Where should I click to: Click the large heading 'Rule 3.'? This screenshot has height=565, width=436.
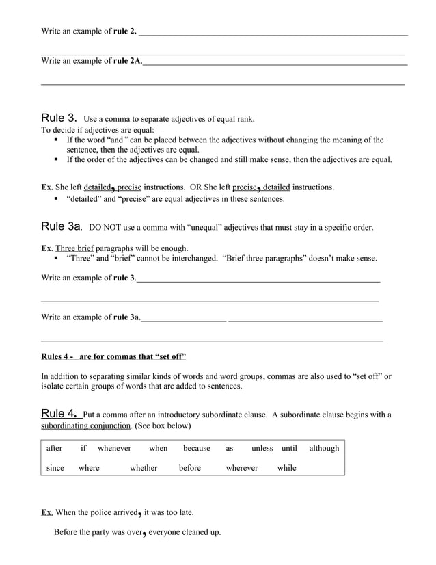click(x=59, y=118)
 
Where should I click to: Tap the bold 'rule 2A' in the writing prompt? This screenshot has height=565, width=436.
click(x=126, y=61)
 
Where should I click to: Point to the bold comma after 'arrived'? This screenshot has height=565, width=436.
click(x=139, y=513)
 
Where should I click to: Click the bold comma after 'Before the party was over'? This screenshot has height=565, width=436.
click(x=144, y=534)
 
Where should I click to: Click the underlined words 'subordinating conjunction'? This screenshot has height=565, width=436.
click(x=85, y=425)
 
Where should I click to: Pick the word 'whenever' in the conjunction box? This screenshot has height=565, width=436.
click(x=114, y=448)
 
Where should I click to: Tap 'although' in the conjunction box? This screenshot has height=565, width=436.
click(x=324, y=448)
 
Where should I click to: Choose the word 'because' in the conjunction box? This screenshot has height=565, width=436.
click(x=197, y=448)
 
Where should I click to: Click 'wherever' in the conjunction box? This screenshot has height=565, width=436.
click(x=242, y=468)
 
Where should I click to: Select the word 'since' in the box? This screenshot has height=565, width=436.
click(x=55, y=468)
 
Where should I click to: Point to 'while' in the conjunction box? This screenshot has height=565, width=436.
click(x=286, y=468)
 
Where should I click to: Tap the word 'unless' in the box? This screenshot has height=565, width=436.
click(x=262, y=448)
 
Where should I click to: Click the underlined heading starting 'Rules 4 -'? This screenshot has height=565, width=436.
click(x=113, y=356)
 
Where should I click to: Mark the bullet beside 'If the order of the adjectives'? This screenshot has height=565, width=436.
click(x=56, y=160)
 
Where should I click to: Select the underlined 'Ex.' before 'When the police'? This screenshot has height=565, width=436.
click(x=46, y=512)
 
